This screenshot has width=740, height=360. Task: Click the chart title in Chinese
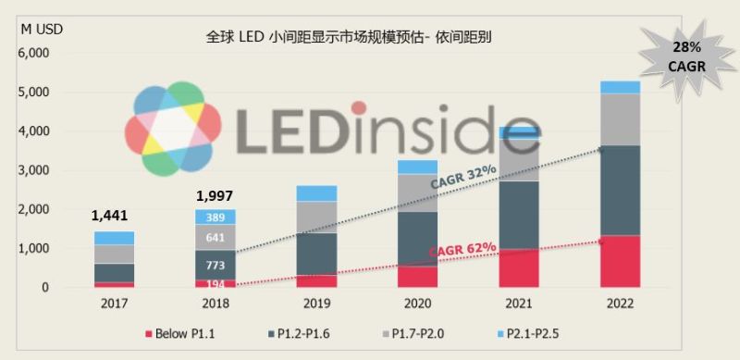coord(349,38)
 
